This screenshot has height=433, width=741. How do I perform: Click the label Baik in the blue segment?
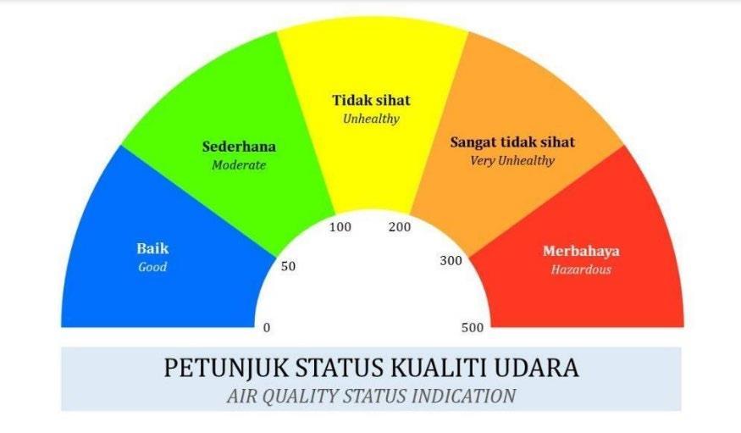[152, 248]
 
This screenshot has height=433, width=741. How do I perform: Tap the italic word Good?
[152, 267]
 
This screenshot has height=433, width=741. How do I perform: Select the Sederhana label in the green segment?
[239, 147]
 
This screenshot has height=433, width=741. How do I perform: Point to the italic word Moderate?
[239, 165]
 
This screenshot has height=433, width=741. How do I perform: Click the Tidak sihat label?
[372, 100]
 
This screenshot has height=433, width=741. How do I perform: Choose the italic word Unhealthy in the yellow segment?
[372, 119]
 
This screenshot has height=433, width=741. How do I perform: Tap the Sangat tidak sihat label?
[512, 142]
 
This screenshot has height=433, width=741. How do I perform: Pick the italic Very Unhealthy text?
[512, 161]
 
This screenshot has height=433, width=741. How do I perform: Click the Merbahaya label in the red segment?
[581, 251]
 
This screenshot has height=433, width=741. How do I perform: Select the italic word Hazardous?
[581, 269]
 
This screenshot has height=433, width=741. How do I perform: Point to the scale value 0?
[267, 328]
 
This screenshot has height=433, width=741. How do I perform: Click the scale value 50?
[288, 266]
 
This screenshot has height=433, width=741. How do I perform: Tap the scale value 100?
[340, 227]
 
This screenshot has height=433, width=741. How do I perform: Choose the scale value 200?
[400, 227]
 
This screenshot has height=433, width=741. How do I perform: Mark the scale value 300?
[451, 260]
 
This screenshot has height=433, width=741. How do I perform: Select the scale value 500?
[473, 328]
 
